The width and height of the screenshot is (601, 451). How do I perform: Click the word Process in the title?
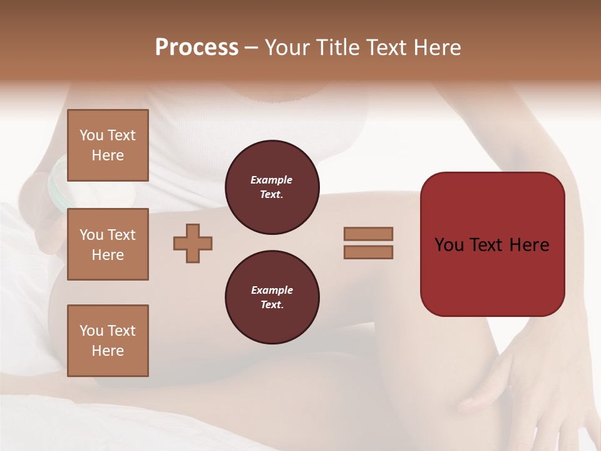point(197,48)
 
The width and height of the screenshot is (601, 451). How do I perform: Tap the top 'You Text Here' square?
point(108,145)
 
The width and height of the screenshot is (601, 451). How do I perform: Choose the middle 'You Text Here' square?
point(108,244)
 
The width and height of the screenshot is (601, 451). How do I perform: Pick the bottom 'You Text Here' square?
point(108,341)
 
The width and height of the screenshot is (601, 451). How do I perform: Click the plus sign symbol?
point(193,243)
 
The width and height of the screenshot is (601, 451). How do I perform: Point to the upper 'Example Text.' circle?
point(272,187)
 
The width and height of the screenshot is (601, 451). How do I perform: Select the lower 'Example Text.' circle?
point(272,297)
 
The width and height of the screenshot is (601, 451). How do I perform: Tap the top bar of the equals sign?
point(369,234)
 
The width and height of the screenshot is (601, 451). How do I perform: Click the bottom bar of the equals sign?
point(369,252)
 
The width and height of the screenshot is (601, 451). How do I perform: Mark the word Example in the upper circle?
point(272,180)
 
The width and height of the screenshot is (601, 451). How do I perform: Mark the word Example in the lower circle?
point(272,290)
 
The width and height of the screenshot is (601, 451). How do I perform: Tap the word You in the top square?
point(91,135)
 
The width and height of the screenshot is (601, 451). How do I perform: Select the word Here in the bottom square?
point(108,351)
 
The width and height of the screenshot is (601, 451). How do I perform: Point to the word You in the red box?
point(449,244)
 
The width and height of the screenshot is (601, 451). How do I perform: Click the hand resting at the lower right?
point(532,376)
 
